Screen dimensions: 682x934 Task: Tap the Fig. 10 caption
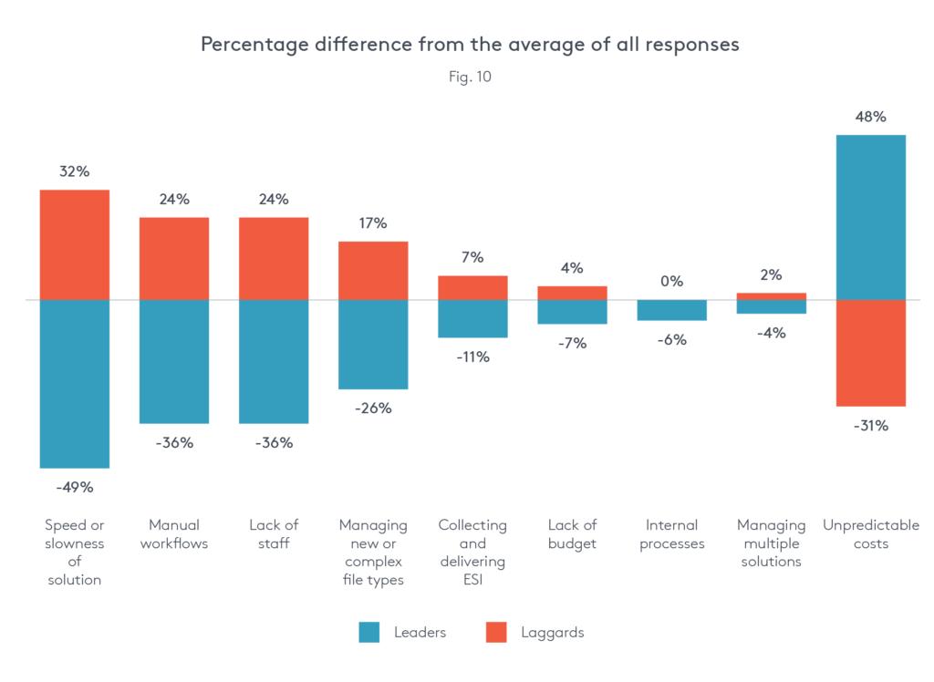click(470, 77)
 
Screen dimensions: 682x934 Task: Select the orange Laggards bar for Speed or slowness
click(75, 244)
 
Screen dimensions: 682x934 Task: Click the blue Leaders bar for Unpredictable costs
click(871, 217)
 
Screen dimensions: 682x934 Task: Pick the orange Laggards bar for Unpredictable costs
click(871, 353)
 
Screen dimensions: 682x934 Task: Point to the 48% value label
click(871, 117)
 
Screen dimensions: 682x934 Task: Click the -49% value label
click(75, 487)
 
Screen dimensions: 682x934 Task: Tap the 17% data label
click(373, 223)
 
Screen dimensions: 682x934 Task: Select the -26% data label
click(373, 408)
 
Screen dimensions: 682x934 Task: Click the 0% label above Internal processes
click(672, 282)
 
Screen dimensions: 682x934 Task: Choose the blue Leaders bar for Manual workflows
click(174, 361)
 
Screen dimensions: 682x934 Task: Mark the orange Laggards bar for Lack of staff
click(274, 258)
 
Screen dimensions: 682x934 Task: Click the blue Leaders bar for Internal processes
click(672, 310)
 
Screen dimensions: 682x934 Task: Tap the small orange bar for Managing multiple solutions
click(772, 295)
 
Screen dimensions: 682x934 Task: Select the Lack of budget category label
click(572, 534)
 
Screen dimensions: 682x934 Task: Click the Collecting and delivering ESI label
click(472, 553)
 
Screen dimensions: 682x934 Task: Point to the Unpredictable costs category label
click(871, 534)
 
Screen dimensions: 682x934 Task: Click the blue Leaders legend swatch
click(368, 632)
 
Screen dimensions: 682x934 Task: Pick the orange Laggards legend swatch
click(496, 632)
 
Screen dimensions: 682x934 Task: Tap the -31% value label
click(871, 426)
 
